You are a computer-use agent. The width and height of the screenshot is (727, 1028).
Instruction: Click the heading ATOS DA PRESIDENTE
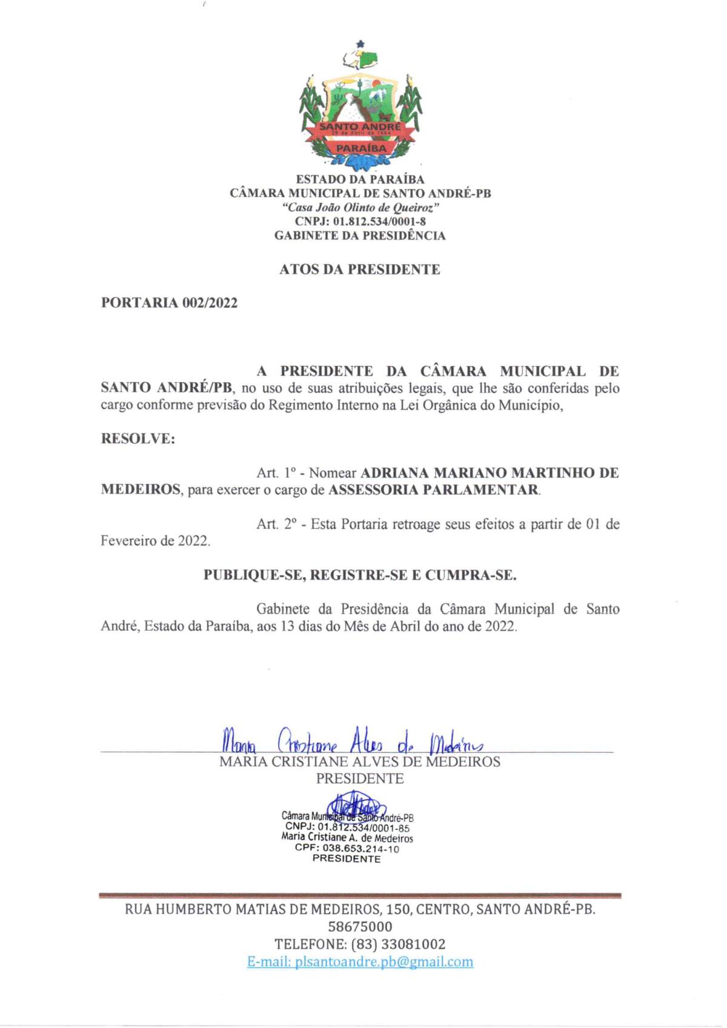pyautogui.click(x=359, y=270)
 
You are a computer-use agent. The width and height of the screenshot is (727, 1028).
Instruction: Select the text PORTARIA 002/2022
pyautogui.click(x=169, y=303)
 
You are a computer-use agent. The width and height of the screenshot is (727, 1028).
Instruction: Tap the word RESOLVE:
pyautogui.click(x=138, y=439)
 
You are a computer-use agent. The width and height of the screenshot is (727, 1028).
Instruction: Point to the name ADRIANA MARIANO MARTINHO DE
pyautogui.click(x=490, y=473)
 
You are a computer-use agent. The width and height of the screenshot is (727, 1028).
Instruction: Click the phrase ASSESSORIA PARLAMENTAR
pyautogui.click(x=433, y=489)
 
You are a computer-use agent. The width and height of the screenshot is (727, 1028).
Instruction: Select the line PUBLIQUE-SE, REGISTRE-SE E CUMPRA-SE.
pyautogui.click(x=360, y=575)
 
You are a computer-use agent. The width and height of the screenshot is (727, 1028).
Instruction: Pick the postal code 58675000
pyautogui.click(x=360, y=926)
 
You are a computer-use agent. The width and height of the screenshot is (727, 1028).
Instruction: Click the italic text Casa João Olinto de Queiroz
pyautogui.click(x=360, y=207)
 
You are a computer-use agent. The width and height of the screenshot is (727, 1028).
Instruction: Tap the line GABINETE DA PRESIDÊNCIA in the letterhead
pyautogui.click(x=360, y=236)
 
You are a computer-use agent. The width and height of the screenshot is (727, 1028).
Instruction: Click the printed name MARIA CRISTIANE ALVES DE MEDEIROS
pyautogui.click(x=360, y=761)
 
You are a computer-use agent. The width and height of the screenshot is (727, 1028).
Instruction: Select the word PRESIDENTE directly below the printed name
pyautogui.click(x=360, y=778)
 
